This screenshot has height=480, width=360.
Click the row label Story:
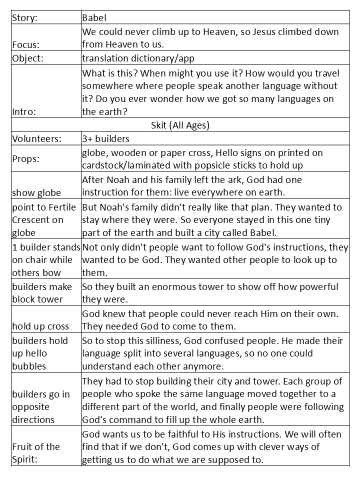pos(25,18)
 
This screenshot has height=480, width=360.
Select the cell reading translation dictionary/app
pos(138,58)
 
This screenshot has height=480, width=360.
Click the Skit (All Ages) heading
pos(180,125)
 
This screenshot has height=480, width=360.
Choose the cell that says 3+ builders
pos(105,138)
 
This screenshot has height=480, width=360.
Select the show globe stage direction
pos(36,193)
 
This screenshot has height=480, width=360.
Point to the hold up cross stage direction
pos(40,326)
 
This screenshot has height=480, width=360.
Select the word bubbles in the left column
pos(29,366)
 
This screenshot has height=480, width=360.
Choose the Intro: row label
pos(24,112)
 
